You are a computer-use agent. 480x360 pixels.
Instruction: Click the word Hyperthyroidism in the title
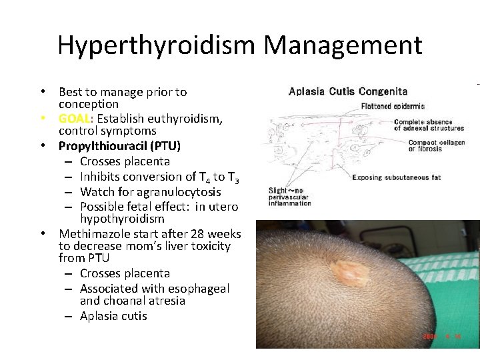[x=156, y=45]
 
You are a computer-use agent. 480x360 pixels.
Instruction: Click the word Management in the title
[x=343, y=45]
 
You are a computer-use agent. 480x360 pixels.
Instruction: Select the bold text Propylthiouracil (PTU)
[x=119, y=146]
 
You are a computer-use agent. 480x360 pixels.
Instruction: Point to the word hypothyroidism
[x=122, y=219]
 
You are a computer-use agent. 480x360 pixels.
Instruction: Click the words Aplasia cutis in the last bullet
[x=113, y=316]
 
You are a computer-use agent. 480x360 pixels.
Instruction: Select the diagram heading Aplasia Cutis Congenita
[x=348, y=91]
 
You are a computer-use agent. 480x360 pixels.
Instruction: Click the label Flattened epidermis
[x=393, y=106]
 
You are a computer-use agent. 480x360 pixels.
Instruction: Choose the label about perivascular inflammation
[x=290, y=197]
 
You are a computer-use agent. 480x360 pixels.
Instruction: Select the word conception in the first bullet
[x=89, y=104]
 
